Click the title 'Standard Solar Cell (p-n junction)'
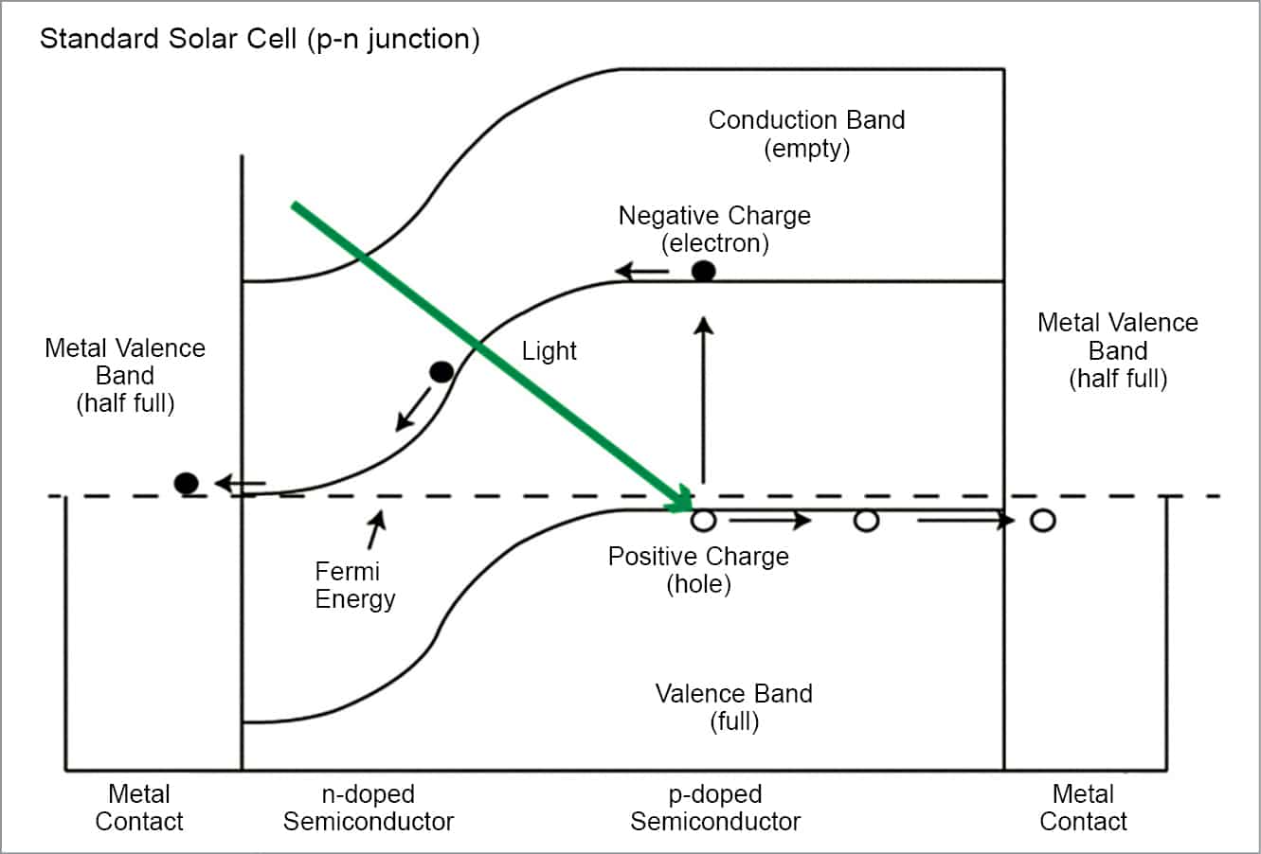tap(260, 40)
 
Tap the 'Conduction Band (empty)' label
tap(806, 134)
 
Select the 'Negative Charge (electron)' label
tap(714, 229)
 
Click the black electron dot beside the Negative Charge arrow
tap(703, 271)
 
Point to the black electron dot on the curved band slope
tap(441, 372)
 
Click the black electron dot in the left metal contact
tap(187, 484)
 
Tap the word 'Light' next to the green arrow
tap(549, 351)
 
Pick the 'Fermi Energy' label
tap(354, 585)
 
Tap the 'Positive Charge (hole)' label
tap(698, 570)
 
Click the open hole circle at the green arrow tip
tap(703, 520)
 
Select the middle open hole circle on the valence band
tap(866, 520)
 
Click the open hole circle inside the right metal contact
tap(1042, 520)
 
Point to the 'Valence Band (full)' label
tap(733, 707)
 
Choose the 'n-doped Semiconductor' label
tap(368, 808)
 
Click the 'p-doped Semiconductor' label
tap(715, 808)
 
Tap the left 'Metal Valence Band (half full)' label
tap(125, 375)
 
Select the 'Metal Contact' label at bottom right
tap(1083, 808)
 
